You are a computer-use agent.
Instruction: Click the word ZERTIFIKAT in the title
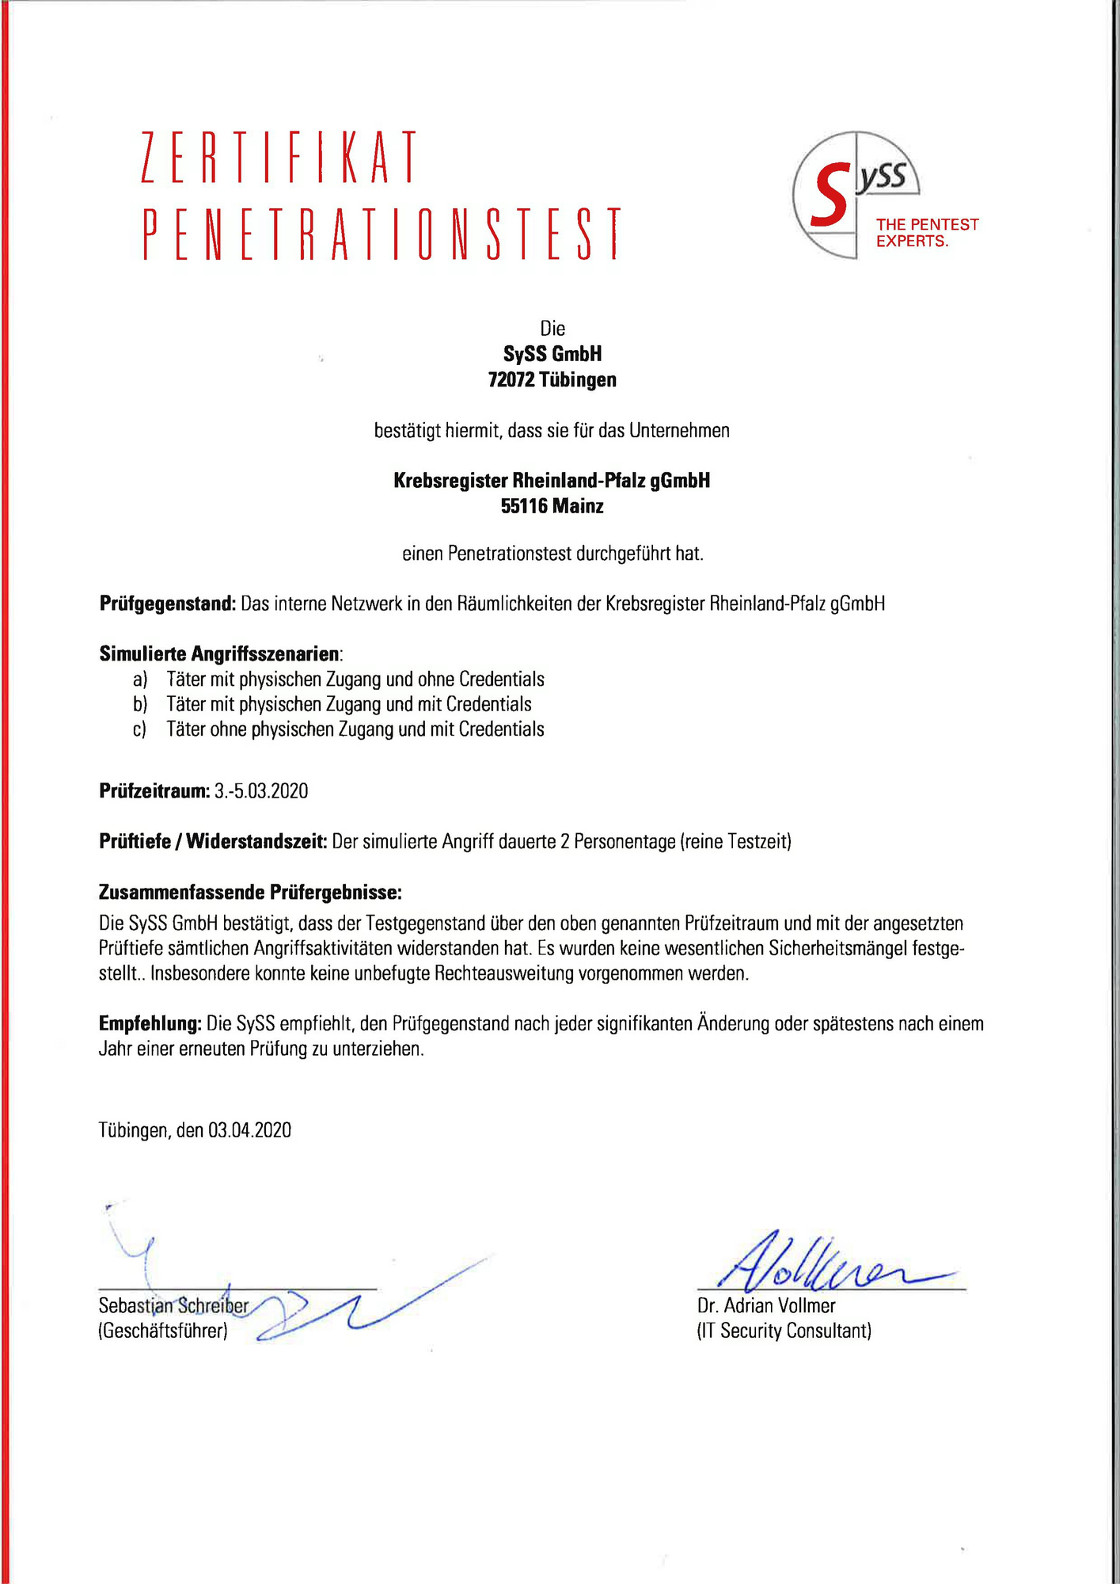click(x=279, y=158)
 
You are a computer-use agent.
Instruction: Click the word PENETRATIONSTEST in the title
click(x=382, y=234)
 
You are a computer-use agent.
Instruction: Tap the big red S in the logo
click(x=830, y=195)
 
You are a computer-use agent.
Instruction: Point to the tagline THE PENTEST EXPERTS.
click(x=927, y=233)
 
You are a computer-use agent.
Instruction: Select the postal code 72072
click(x=512, y=380)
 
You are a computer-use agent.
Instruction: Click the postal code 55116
click(x=524, y=506)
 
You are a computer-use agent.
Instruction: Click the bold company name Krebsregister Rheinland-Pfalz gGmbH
click(x=552, y=481)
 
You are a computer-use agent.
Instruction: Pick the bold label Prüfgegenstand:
click(x=168, y=604)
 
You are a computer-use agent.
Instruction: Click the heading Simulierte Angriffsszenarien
click(x=220, y=654)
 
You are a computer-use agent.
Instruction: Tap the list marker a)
click(x=140, y=680)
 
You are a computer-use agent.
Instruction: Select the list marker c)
click(x=139, y=729)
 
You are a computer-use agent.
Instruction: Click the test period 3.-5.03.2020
click(x=261, y=791)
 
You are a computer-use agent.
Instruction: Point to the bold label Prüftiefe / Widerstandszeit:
click(x=213, y=842)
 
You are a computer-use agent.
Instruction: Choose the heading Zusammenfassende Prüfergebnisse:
click(x=250, y=893)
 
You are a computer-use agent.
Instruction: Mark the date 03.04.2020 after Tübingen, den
click(x=249, y=1130)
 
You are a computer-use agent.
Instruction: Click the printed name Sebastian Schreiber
click(x=173, y=1305)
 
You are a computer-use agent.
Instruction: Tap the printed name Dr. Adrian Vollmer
click(x=765, y=1305)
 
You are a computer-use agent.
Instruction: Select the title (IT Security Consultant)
click(x=784, y=1331)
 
